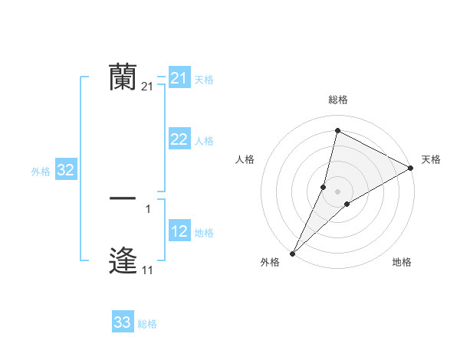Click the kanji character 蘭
tap(123, 77)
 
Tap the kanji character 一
tap(123, 198)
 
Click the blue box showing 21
tap(179, 78)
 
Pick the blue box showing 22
tap(179, 139)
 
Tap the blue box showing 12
tap(179, 231)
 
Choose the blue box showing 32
tap(66, 170)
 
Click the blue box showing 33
tap(123, 322)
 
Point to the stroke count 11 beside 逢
tap(147, 270)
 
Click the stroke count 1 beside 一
tap(148, 208)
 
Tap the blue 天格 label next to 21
tap(204, 80)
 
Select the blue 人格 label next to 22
tap(204, 141)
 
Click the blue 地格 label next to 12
tap(204, 233)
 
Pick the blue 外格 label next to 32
tap(41, 172)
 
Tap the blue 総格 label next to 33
tap(147, 324)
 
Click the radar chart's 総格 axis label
tap(337, 100)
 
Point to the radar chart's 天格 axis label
tap(431, 159)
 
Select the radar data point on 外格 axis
tap(292, 253)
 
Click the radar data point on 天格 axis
tap(411, 168)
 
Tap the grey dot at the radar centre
tap(338, 191)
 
